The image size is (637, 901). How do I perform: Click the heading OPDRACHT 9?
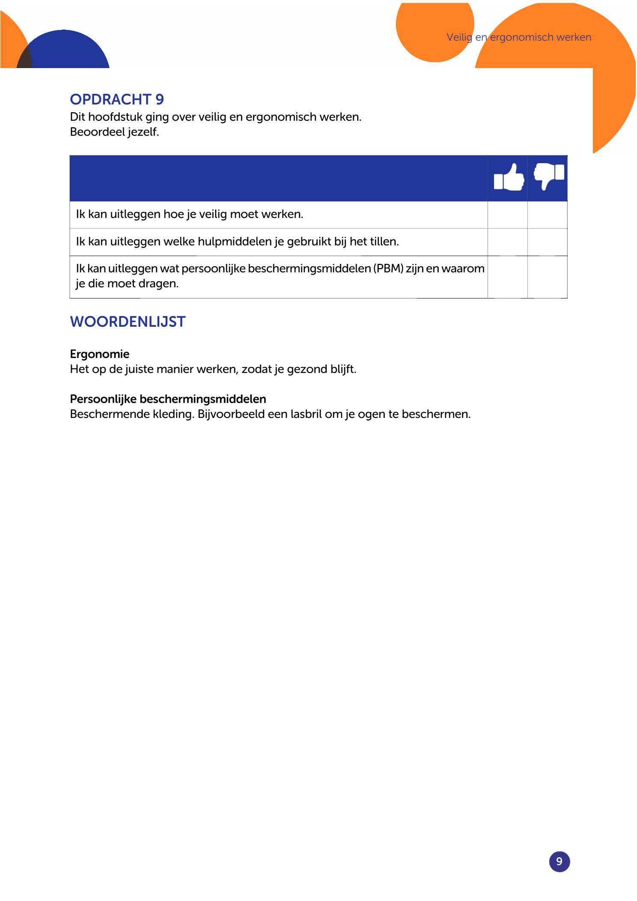coord(117,99)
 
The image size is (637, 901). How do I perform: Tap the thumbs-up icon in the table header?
coord(509,178)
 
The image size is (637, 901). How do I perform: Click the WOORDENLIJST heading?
coord(128,322)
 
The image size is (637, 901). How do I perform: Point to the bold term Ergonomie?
coord(99,354)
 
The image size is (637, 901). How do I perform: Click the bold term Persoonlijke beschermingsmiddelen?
coord(168,399)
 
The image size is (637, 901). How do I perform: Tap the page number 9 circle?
coord(559,861)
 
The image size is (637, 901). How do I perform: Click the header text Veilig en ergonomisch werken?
coord(519,37)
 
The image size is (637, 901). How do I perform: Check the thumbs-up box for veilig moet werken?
coord(507,215)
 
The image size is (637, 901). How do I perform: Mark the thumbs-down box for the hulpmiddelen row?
coord(547,242)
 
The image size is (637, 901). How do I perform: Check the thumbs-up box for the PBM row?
coord(507,277)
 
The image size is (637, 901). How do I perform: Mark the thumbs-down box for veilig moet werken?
coord(547,215)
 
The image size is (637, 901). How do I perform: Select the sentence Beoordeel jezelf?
coord(114,132)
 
